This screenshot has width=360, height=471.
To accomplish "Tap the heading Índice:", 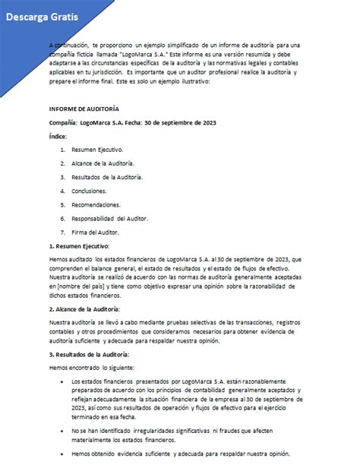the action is click(58, 136).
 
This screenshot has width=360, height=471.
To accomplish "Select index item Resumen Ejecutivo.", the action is click(96, 150).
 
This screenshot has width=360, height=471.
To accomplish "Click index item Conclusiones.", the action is click(90, 191).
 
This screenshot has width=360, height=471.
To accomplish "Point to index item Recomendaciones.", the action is click(96, 204).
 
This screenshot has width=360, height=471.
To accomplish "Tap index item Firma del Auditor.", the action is click(95, 232).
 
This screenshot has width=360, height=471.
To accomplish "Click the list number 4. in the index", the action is click(62, 191).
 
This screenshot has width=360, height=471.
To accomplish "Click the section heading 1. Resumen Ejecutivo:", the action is click(79, 246).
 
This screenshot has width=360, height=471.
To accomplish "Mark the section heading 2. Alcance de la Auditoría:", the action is click(86, 309).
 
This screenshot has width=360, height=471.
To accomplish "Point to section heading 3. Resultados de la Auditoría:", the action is click(89, 355).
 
